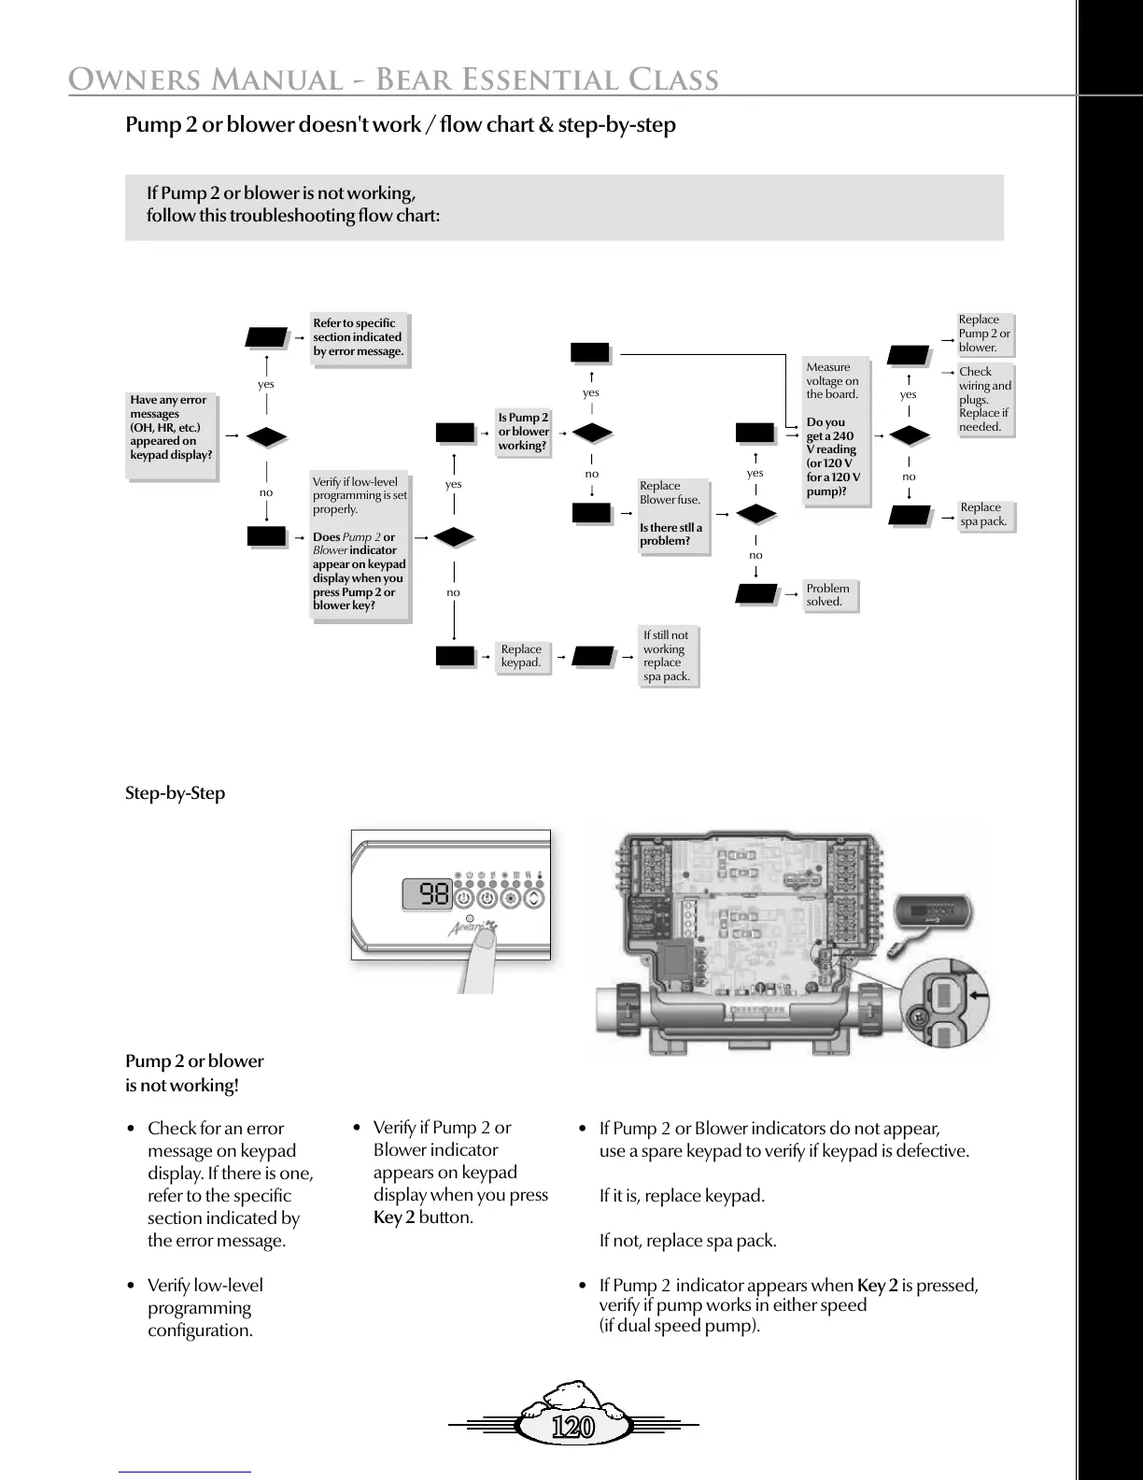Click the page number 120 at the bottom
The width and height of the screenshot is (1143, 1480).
(572, 1427)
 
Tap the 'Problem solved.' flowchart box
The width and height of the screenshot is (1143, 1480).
(828, 595)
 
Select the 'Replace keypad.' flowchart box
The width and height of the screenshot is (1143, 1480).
(521, 656)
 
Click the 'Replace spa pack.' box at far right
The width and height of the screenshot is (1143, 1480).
(984, 515)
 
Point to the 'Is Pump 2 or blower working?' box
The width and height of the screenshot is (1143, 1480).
(523, 432)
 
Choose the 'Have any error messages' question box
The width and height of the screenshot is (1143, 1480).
(171, 428)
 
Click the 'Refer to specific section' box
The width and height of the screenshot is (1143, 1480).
(359, 337)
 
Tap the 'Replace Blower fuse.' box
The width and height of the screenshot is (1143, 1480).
(671, 514)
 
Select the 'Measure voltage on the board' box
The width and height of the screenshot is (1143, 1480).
(834, 430)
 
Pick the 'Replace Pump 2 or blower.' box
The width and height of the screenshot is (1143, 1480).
(984, 334)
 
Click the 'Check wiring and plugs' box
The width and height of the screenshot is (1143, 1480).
(985, 399)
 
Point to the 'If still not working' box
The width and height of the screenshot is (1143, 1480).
(667, 656)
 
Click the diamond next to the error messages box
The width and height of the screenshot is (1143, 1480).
(266, 436)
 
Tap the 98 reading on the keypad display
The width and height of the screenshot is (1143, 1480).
(434, 895)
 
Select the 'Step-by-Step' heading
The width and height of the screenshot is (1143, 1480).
(176, 793)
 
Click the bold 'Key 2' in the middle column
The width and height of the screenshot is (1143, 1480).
(394, 1217)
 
